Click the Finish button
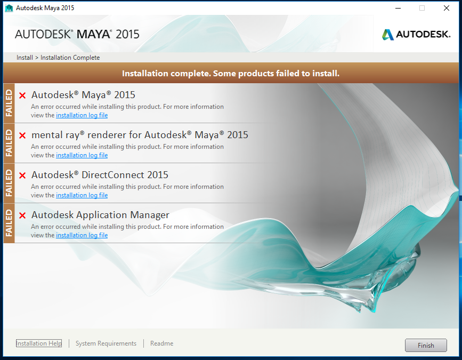(426, 345)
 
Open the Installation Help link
(39, 343)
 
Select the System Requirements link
(106, 343)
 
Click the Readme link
(161, 343)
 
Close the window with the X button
(447, 8)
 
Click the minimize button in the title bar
(398, 8)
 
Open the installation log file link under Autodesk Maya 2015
(82, 115)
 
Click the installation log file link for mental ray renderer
(82, 155)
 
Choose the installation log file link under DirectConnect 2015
(82, 195)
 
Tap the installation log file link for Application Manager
(82, 235)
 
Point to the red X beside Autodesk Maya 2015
(22, 95)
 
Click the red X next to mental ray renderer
(22, 135)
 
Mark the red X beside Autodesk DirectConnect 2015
(22, 175)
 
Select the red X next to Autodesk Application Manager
(22, 215)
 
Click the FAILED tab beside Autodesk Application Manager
(9, 223)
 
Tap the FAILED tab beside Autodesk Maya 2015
(9, 103)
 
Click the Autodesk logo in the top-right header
(416, 35)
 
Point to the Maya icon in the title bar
(9, 8)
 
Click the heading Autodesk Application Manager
(100, 215)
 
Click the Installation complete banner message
(231, 73)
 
